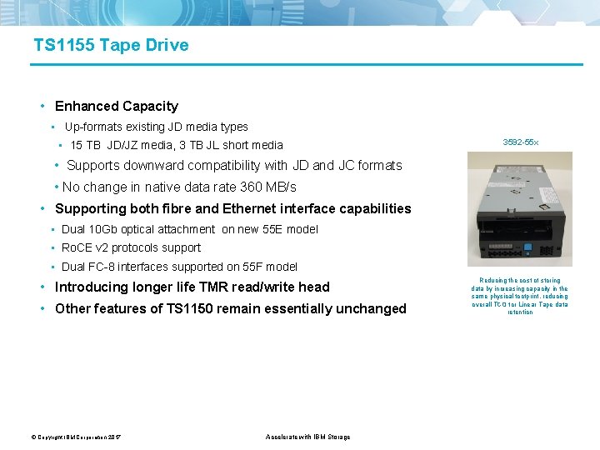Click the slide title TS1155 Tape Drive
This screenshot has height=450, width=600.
(111, 45)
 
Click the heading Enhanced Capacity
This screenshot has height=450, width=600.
(116, 106)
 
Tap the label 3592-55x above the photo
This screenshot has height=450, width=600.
(520, 142)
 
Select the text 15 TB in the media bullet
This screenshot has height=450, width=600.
(85, 145)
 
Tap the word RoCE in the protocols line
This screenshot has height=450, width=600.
(76, 247)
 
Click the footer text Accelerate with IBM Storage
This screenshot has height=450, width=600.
(307, 437)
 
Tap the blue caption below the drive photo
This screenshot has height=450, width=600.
(520, 297)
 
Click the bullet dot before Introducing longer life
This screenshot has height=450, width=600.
(42, 287)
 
